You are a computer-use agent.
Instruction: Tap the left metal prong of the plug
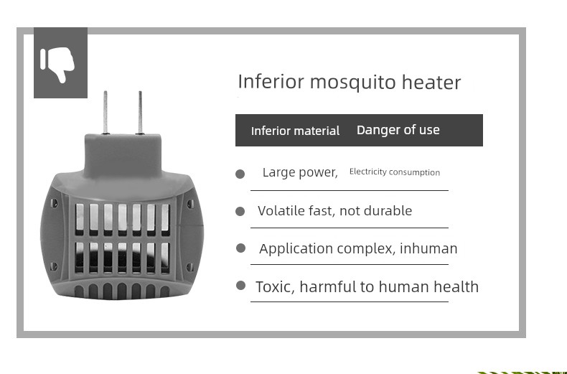click(106, 112)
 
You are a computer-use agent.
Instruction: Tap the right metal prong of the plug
click(140, 112)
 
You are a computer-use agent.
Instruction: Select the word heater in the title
click(431, 82)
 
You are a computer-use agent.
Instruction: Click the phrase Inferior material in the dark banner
click(295, 131)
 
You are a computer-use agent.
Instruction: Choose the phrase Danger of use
click(398, 130)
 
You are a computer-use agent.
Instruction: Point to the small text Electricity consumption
click(395, 172)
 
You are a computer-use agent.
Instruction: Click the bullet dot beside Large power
click(240, 174)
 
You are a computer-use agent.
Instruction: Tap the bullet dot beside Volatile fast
click(240, 211)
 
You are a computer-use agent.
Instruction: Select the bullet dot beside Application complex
click(240, 248)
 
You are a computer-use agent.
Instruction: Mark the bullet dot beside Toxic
click(240, 286)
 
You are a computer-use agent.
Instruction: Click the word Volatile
click(281, 210)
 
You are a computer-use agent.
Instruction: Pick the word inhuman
click(428, 248)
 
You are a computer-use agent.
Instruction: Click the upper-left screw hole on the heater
click(54, 203)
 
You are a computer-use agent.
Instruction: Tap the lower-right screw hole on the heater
click(189, 267)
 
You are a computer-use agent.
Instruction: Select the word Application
click(296, 249)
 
